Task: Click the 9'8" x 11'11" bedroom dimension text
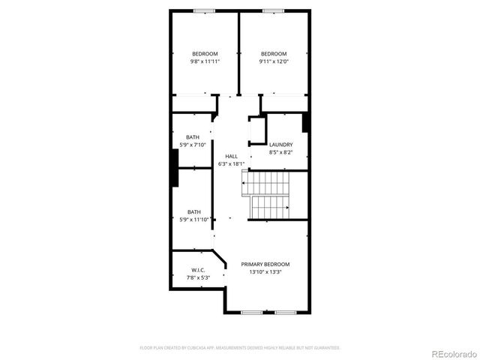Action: pos(205,62)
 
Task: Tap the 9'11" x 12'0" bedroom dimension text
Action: pos(274,62)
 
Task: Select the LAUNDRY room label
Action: pos(280,144)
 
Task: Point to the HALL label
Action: pos(231,155)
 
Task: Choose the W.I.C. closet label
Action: pos(198,270)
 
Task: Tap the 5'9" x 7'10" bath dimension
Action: pos(193,145)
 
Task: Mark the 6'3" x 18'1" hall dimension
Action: pos(231,163)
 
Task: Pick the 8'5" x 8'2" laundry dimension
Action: pos(280,152)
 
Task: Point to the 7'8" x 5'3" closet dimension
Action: pos(198,278)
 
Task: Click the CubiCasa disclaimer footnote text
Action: pos(240,348)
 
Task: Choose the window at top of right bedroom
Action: pos(271,10)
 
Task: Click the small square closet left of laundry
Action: pos(257,130)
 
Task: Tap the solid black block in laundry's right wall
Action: pos(305,121)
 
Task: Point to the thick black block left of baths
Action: pos(175,167)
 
